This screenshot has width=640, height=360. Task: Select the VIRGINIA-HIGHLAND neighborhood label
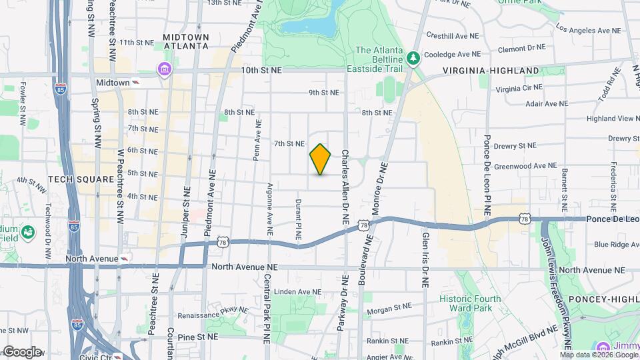(491, 70)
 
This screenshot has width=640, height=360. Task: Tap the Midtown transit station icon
(136, 83)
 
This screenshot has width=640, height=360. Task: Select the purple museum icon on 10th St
(164, 69)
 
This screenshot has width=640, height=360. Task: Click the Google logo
(22, 352)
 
